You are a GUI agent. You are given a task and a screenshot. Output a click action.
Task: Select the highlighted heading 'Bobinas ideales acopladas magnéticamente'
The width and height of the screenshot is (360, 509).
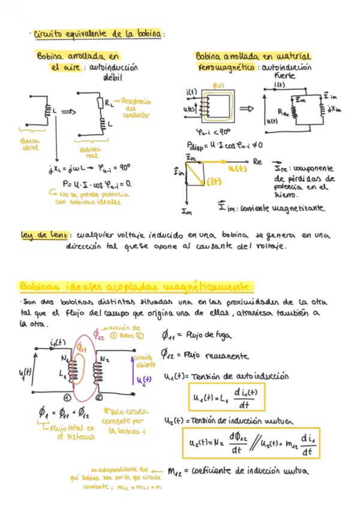click(x=137, y=286)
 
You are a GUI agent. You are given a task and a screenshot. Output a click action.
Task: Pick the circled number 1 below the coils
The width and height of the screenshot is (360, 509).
click(x=67, y=397)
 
